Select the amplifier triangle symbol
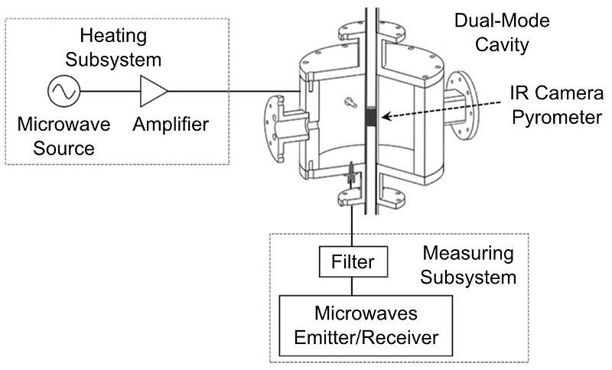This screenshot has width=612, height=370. [154, 92]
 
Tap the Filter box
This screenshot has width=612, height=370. [353, 262]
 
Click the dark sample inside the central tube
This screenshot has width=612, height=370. [371, 117]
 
